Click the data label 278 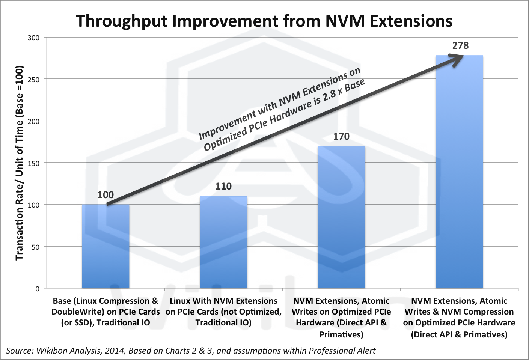460,46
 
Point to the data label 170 341,136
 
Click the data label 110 223,187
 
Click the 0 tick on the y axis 37,289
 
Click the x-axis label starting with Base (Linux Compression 105,312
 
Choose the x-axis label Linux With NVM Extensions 223,312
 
